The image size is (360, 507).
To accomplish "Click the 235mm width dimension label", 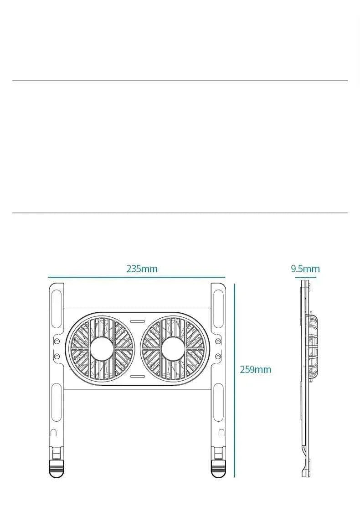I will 142,269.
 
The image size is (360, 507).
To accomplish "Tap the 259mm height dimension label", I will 255,369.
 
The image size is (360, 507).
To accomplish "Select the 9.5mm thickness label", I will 305,269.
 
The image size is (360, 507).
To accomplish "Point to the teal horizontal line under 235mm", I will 137,277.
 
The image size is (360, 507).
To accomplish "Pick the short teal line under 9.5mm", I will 305,277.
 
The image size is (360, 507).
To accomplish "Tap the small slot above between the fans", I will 137,321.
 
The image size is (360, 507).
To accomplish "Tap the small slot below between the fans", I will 137,377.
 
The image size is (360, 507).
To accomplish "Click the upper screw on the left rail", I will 57,341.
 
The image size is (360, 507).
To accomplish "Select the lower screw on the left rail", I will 57,356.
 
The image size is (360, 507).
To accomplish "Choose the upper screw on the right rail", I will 218,341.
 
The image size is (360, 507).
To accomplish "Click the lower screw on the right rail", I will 218,356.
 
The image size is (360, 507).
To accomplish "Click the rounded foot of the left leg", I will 56,469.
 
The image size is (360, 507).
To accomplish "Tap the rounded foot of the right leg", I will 218,469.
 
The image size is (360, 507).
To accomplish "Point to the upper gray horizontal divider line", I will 180,81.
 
